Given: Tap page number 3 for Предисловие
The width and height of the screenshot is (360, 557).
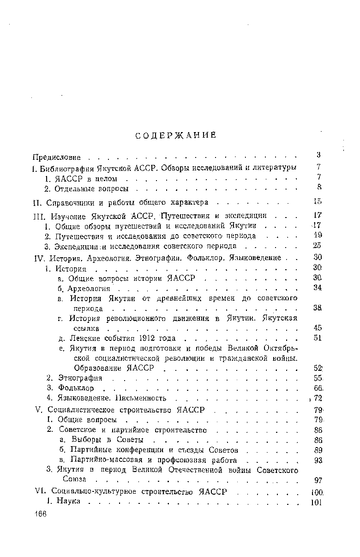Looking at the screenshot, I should (318, 155).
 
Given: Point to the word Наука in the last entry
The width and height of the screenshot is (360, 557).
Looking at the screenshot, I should (68, 501).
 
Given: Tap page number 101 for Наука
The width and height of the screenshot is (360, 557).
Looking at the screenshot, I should (316, 502).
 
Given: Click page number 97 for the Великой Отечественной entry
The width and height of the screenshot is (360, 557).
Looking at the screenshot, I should (317, 480).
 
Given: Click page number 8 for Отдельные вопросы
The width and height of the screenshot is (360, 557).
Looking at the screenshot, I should (318, 187).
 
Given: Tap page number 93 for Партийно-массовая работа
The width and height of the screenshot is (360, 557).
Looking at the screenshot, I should (317, 460).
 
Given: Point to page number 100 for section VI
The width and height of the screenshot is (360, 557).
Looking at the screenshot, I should (316, 493).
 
